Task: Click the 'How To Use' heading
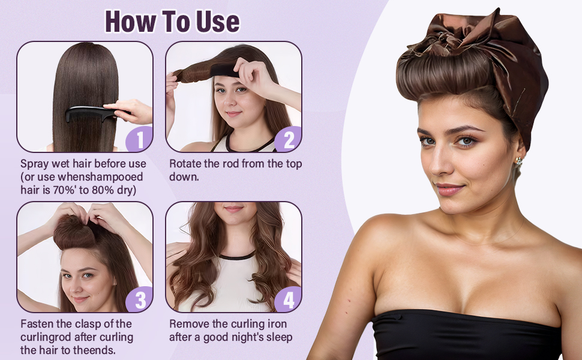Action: click(172, 21)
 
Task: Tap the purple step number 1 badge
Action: click(140, 139)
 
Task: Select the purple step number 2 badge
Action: click(289, 139)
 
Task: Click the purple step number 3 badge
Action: click(140, 299)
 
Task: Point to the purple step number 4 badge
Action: click(289, 299)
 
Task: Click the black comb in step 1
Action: click(90, 113)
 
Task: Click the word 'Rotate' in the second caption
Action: click(187, 164)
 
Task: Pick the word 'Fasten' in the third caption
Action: click(38, 324)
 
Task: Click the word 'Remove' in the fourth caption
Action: click(190, 324)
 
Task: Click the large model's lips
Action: click(449, 190)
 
